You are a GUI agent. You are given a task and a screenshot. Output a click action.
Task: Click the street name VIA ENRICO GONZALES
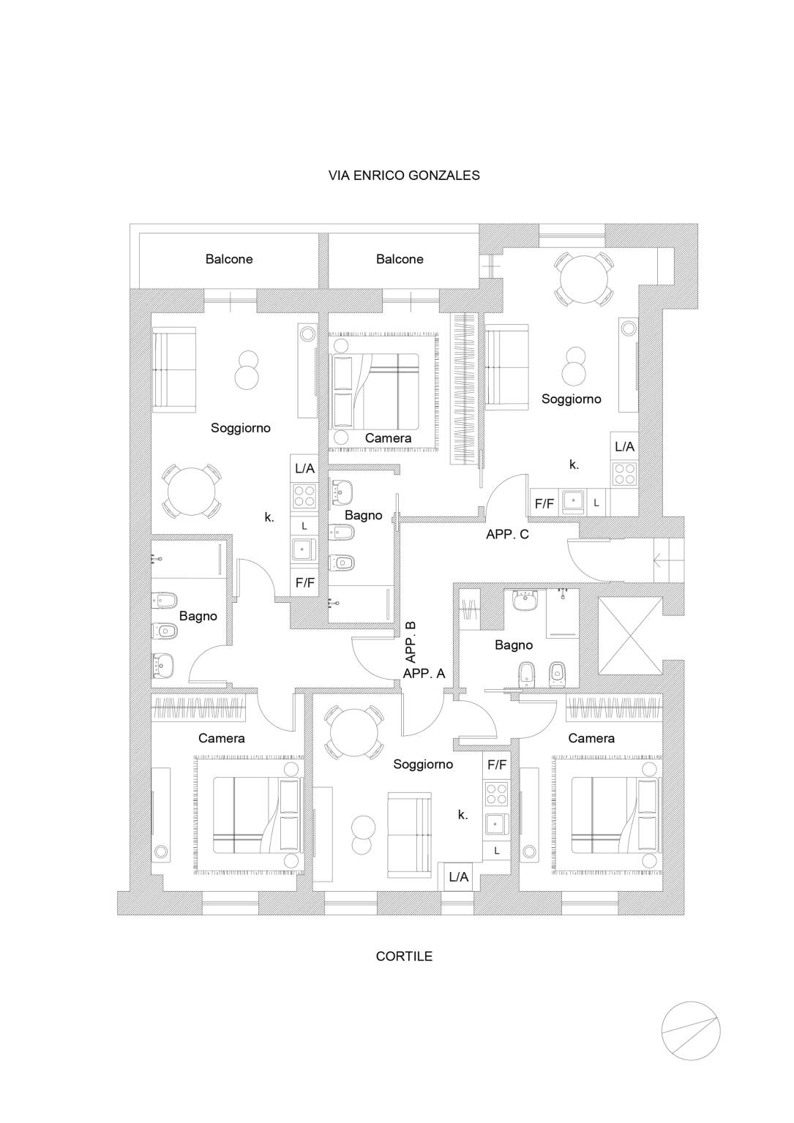pyautogui.click(x=404, y=176)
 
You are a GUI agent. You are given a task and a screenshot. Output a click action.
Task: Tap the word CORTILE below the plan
pyautogui.click(x=404, y=956)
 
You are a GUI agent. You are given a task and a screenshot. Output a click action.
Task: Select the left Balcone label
pyautogui.click(x=229, y=259)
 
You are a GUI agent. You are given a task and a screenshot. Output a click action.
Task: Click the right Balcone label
pyautogui.click(x=400, y=259)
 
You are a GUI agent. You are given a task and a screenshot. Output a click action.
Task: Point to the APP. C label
pyautogui.click(x=507, y=535)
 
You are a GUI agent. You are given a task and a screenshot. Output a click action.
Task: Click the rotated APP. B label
pyautogui.click(x=411, y=642)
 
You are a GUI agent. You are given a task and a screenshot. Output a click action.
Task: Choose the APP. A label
pyautogui.click(x=424, y=674)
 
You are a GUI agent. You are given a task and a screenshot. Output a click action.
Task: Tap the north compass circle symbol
pyautogui.click(x=690, y=1029)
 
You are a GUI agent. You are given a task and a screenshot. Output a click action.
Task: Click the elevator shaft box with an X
pyautogui.click(x=630, y=635)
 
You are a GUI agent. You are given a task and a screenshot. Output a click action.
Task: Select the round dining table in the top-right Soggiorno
pyautogui.click(x=583, y=278)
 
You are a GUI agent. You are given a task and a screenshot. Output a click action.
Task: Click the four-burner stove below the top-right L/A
pyautogui.click(x=624, y=473)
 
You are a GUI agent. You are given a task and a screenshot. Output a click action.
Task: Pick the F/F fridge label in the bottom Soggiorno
pyautogui.click(x=497, y=765)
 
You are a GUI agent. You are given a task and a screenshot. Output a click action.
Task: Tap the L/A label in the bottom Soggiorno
pyautogui.click(x=459, y=876)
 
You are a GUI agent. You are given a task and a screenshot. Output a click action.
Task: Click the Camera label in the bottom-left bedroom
pyautogui.click(x=222, y=738)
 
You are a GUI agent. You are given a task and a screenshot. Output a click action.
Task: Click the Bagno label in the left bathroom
pyautogui.click(x=198, y=616)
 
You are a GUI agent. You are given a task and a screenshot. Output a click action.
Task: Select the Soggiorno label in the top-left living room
pyautogui.click(x=241, y=428)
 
